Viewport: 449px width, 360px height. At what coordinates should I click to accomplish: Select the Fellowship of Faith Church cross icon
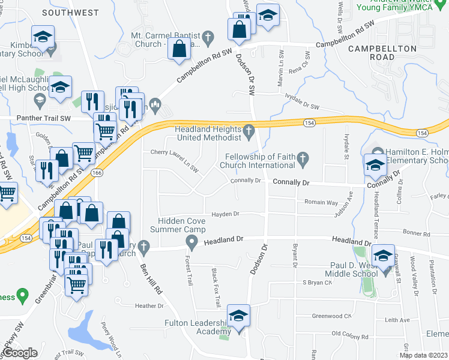(x=304, y=159)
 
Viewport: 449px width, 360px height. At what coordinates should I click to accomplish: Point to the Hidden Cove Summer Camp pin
(x=192, y=243)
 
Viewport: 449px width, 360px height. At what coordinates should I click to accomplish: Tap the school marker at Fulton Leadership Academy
(x=238, y=317)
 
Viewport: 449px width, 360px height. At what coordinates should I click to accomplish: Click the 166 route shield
(x=96, y=172)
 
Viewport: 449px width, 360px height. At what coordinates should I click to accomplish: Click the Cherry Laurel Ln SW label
(x=174, y=153)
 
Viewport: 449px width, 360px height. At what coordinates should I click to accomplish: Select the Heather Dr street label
(x=149, y=305)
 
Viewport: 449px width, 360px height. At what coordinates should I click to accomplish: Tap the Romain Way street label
(x=321, y=203)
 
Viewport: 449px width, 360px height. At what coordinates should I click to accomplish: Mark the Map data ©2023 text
(x=424, y=355)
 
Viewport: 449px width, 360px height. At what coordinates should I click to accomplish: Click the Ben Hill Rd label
(x=151, y=278)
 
